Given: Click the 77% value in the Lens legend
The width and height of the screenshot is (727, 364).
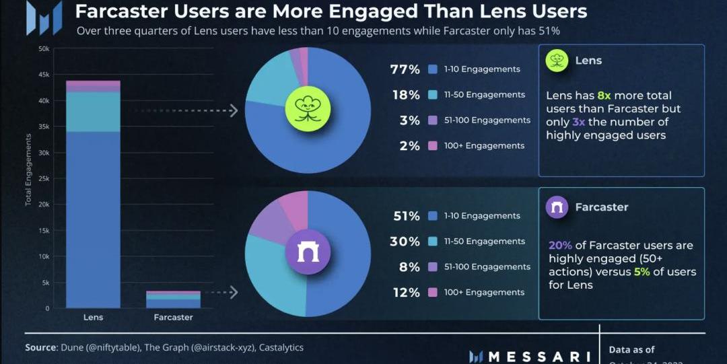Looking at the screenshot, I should tap(405, 69).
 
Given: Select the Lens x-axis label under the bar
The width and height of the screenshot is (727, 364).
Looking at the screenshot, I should tap(93, 317).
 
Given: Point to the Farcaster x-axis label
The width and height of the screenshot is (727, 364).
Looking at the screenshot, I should tap(173, 317).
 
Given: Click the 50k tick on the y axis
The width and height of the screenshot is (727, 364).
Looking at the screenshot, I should tap(44, 48).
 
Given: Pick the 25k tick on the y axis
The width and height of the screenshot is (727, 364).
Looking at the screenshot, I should tap(44, 178).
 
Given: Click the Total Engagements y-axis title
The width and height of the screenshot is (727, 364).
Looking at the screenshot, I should tap(28, 170).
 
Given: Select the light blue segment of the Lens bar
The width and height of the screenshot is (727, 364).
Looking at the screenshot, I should tap(93, 112).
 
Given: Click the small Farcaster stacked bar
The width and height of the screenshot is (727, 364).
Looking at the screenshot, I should tap(173, 300).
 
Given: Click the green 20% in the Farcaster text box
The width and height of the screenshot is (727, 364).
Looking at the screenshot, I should tap(560, 246).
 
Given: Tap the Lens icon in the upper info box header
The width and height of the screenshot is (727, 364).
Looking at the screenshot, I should tap(557, 61).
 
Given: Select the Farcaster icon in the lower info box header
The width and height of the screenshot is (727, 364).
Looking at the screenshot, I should tap(557, 207).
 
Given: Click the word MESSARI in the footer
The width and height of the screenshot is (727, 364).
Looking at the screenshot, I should tap(538, 356).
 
